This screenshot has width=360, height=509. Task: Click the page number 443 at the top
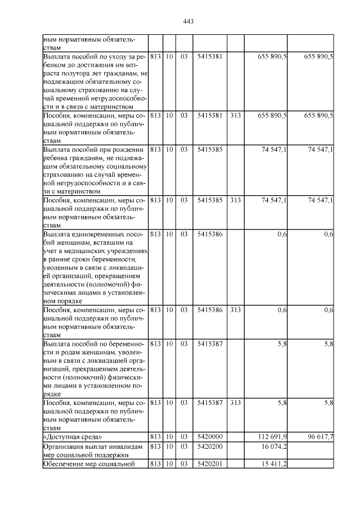pyautogui.click(x=188, y=21)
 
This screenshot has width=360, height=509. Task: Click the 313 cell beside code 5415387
pyautogui.click(x=236, y=403)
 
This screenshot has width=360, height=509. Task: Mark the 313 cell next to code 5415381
pyautogui.click(x=236, y=115)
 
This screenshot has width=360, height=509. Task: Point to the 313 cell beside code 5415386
pyautogui.click(x=236, y=310)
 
